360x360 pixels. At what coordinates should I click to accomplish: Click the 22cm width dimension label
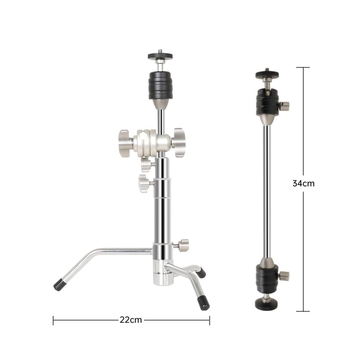click(x=131, y=320)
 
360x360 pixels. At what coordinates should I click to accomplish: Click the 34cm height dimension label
click(x=303, y=184)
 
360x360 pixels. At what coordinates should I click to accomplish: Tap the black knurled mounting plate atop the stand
click(x=160, y=56)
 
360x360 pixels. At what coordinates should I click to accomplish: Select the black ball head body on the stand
click(x=160, y=85)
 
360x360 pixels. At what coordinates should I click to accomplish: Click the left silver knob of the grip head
click(x=125, y=143)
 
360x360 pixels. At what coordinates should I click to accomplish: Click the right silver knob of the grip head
click(x=179, y=143)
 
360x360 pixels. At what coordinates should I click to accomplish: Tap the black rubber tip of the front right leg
click(x=204, y=302)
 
